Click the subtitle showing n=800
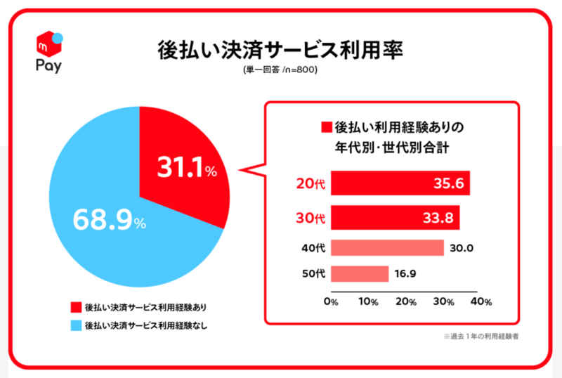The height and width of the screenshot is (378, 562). pyautogui.click(x=281, y=71)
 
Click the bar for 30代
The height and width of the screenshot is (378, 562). pyautogui.click(x=395, y=217)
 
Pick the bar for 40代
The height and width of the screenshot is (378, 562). pyautogui.click(x=387, y=248)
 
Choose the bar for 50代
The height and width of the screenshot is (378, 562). pyautogui.click(x=360, y=273)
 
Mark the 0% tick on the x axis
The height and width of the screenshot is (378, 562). pyautogui.click(x=331, y=301)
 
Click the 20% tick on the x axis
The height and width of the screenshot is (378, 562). pyautogui.click(x=407, y=301)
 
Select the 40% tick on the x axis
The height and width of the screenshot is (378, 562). pyautogui.click(x=481, y=301)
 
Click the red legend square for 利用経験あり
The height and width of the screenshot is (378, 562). pyautogui.click(x=75, y=308)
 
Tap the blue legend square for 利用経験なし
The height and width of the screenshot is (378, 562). pyautogui.click(x=75, y=325)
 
